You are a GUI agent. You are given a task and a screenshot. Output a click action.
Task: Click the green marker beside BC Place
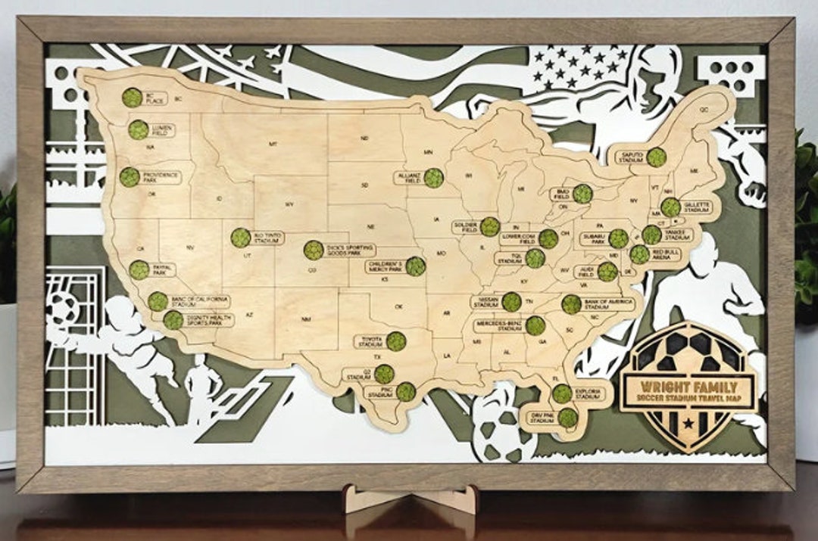pyautogui.click(x=133, y=97)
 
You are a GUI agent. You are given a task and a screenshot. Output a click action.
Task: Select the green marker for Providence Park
pyautogui.click(x=130, y=177)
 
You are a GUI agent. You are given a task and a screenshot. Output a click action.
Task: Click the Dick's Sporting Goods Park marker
pyautogui.click(x=314, y=250)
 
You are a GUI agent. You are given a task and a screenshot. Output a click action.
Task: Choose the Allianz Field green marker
pyautogui.click(x=433, y=178)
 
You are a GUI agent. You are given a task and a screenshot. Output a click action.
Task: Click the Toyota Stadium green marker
pyautogui.click(x=395, y=341)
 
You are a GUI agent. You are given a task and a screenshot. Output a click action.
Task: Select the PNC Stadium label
pyautogui.click(x=380, y=393)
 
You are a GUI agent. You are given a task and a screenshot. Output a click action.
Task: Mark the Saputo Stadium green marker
pyautogui.click(x=656, y=157)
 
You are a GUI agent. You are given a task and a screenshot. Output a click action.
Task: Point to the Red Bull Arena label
pyautogui.click(x=667, y=254)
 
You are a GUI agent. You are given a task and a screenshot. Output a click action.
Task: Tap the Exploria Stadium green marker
pyautogui.click(x=561, y=393)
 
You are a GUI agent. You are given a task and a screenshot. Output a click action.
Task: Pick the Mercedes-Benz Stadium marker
pyautogui.click(x=535, y=325)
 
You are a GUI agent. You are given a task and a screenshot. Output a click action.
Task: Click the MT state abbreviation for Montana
pyautogui.click(x=273, y=143)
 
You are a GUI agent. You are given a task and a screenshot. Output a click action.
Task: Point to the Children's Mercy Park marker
pyautogui.click(x=415, y=266)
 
